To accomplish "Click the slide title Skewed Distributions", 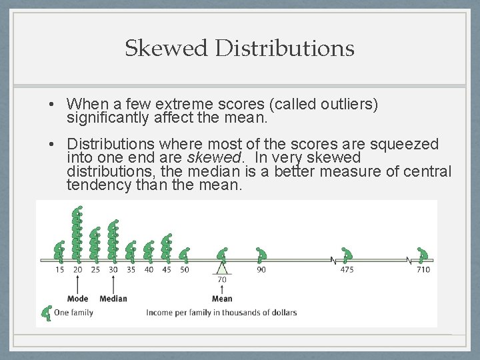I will click(239, 48).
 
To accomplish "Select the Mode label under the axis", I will click(78, 298).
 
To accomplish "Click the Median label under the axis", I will click(113, 298).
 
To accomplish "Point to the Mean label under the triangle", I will click(222, 298).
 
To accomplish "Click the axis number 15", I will click(60, 269).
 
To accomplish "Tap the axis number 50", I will click(184, 269).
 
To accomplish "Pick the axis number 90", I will click(261, 269).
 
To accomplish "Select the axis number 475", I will click(347, 269).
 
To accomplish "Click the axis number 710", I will click(423, 269).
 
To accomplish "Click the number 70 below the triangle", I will click(222, 280).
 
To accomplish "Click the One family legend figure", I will click(47, 311).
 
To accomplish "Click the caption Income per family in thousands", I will click(222, 312).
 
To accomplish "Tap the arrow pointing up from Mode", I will click(78, 284).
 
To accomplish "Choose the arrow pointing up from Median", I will click(113, 284).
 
